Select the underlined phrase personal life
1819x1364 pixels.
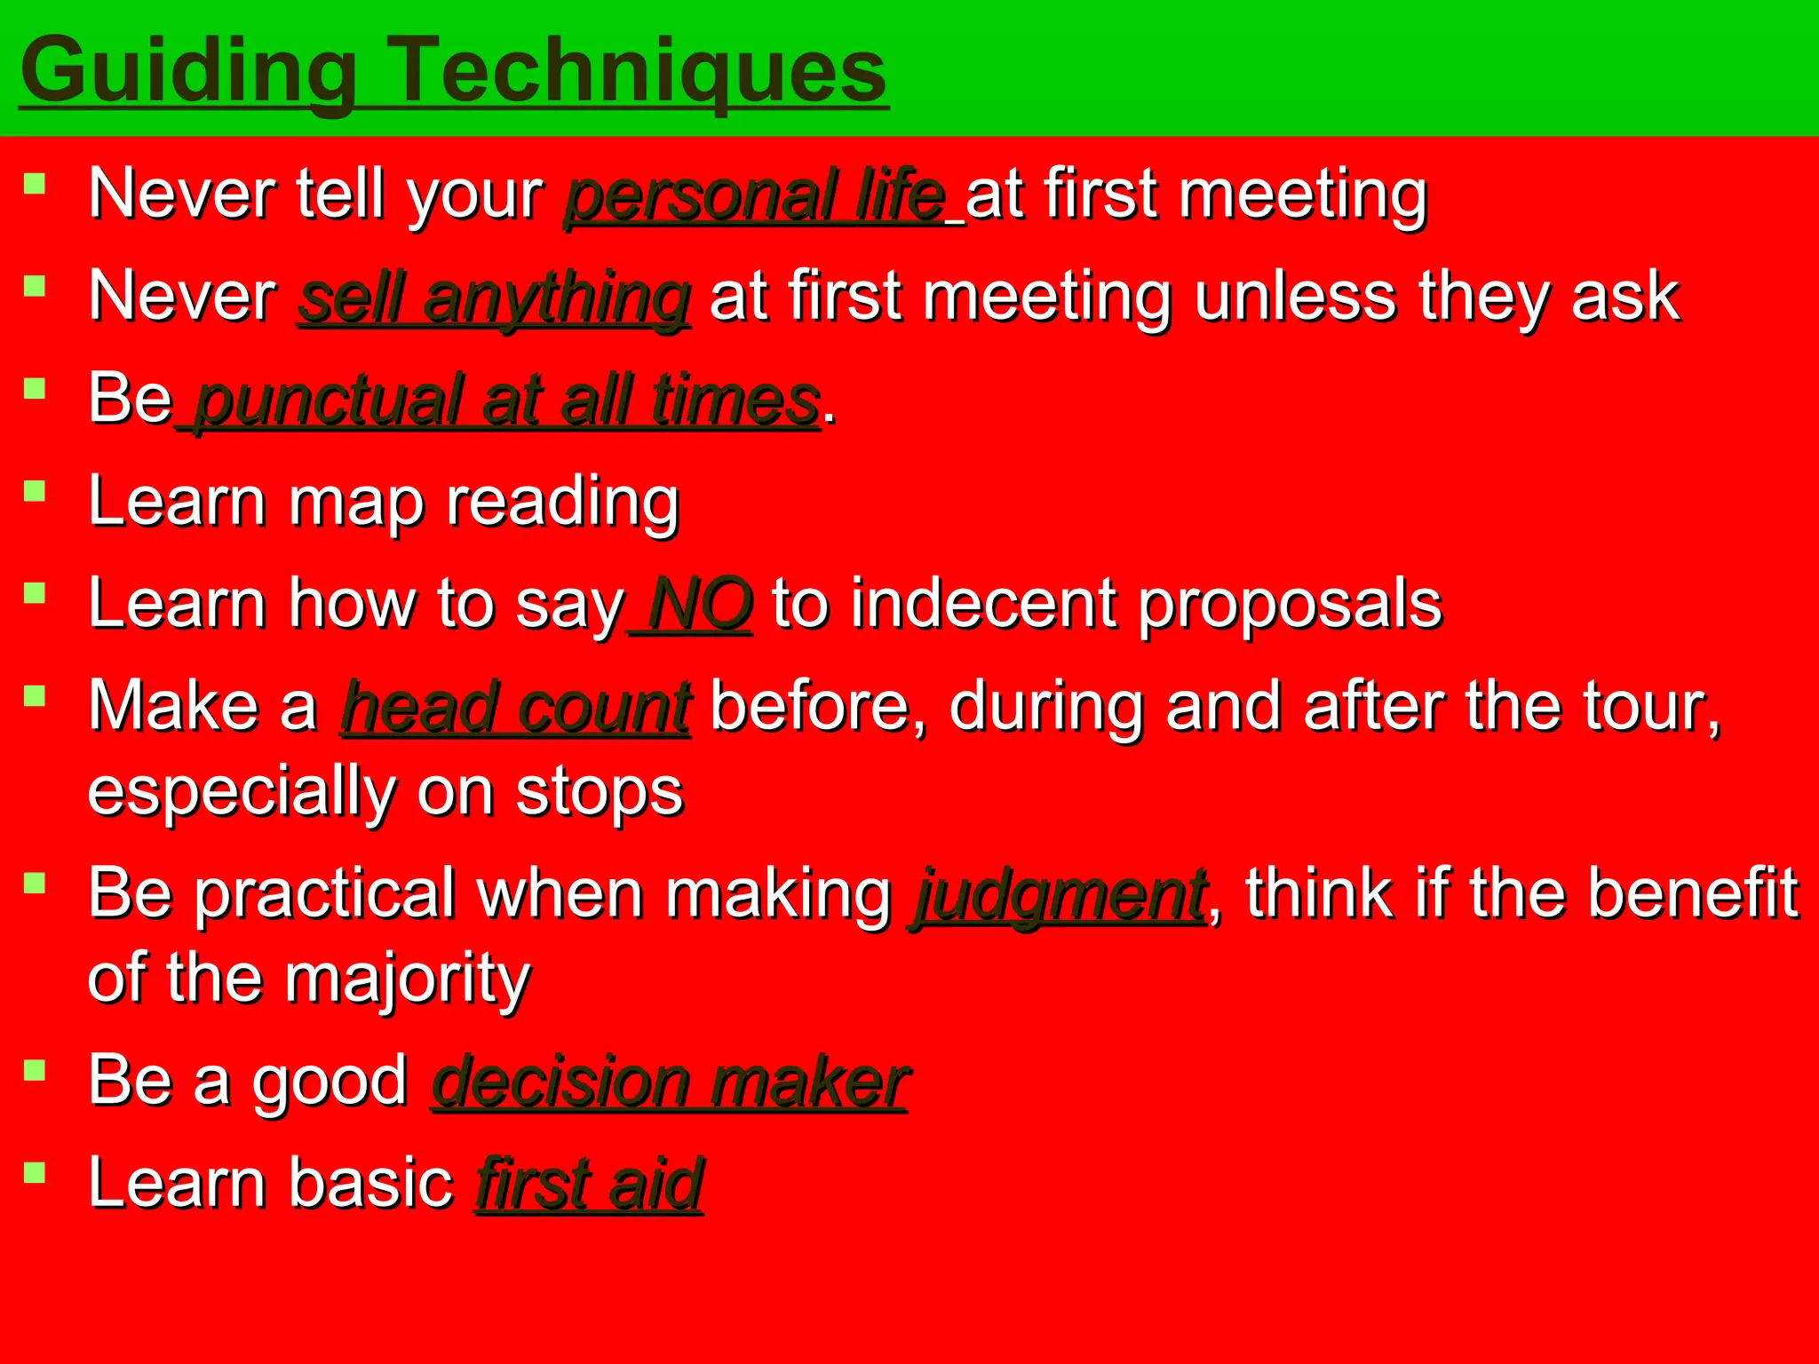(x=755, y=195)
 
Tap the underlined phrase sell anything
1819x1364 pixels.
(x=494, y=298)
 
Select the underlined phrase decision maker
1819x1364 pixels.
(x=670, y=1082)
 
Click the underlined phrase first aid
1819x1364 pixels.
(x=590, y=1185)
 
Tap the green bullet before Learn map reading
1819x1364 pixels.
(x=35, y=491)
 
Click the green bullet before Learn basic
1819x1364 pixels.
(x=35, y=1173)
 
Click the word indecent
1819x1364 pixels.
(x=982, y=605)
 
